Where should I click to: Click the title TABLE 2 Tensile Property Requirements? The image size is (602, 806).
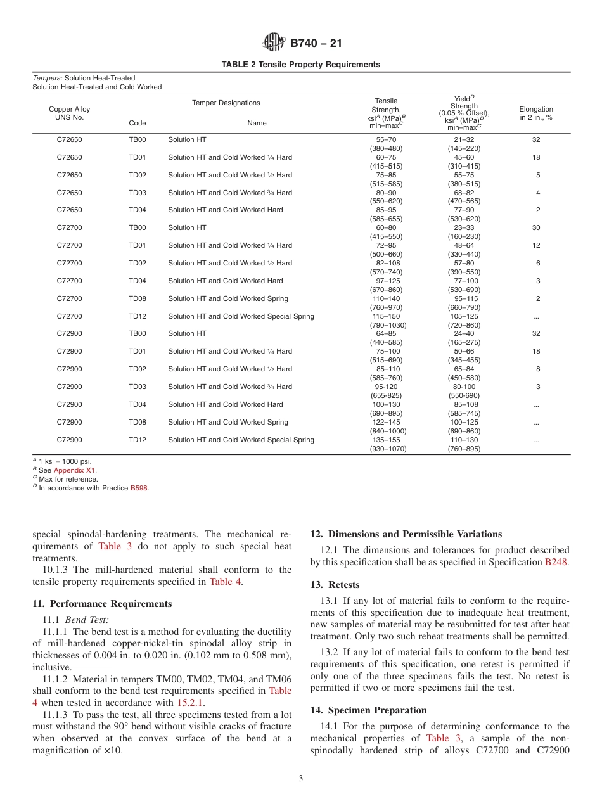click(x=301, y=65)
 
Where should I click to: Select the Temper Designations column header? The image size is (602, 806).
click(x=226, y=103)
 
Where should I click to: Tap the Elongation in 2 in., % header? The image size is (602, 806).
click(x=536, y=113)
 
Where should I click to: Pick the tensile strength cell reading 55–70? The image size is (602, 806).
click(x=386, y=139)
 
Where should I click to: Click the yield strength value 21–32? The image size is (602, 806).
click(x=464, y=139)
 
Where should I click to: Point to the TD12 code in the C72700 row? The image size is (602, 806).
click(x=138, y=316)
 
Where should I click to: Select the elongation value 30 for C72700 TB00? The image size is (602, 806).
click(x=536, y=227)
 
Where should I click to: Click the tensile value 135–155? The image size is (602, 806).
click(x=386, y=440)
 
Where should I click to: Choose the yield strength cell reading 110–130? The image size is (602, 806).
click(x=464, y=440)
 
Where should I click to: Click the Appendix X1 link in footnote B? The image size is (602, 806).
click(x=75, y=470)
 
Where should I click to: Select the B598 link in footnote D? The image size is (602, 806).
click(x=139, y=488)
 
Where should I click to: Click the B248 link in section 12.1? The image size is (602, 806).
click(x=557, y=561)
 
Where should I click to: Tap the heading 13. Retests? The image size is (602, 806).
click(x=335, y=585)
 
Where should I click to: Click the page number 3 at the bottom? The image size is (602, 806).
click(x=301, y=778)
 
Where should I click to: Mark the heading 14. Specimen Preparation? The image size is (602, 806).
click(x=368, y=710)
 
